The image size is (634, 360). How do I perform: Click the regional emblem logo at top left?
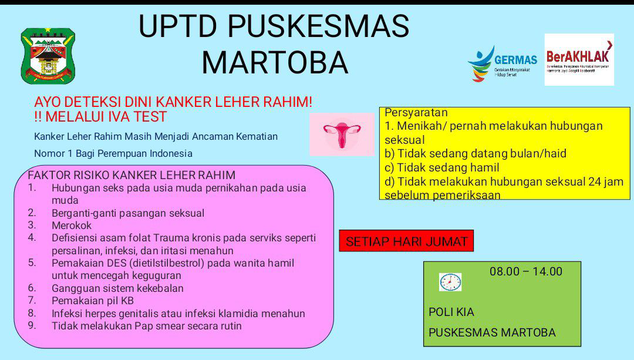tap(48, 55)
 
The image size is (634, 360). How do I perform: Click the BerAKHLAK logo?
tap(578, 59)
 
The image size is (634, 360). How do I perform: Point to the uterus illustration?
tap(342, 134)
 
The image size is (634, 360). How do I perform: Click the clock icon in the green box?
tap(450, 282)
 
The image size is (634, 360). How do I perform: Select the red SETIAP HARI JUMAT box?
tap(406, 241)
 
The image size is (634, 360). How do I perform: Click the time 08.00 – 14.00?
tap(525, 271)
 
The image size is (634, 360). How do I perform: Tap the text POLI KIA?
tap(451, 312)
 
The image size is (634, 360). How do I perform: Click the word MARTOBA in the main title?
tap(275, 62)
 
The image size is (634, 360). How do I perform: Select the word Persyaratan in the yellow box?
tap(416, 113)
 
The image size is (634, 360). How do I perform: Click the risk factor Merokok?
tap(72, 226)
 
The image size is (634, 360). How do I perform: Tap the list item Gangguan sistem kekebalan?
tap(117, 288)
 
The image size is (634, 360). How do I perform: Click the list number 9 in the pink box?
tap(32, 325)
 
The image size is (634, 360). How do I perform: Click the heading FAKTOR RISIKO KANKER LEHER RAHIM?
tap(131, 175)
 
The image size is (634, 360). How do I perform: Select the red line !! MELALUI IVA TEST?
tap(100, 117)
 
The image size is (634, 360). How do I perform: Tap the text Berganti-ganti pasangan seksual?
tap(128, 213)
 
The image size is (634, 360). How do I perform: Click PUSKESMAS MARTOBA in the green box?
tap(492, 332)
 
